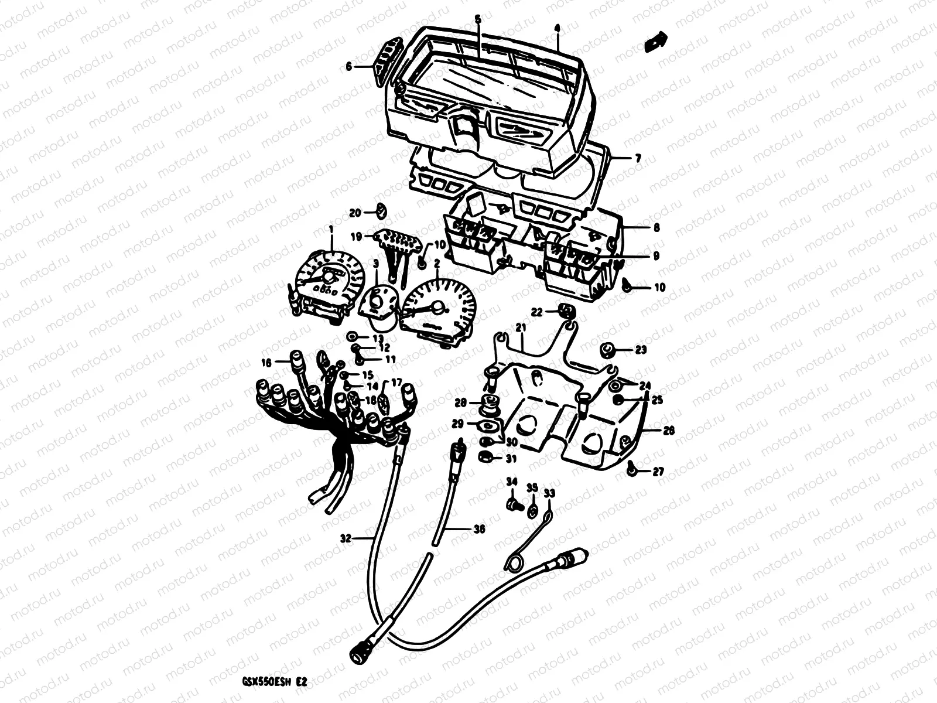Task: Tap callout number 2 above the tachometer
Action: pos(437,264)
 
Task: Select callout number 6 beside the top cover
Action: pos(349,67)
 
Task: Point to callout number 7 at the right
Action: pos(638,159)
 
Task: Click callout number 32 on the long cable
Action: pos(346,538)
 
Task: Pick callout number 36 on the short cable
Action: pos(479,529)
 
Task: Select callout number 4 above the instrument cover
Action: pos(557,28)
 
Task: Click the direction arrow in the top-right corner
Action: pos(655,43)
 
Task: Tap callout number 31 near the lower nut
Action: pos(511,459)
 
